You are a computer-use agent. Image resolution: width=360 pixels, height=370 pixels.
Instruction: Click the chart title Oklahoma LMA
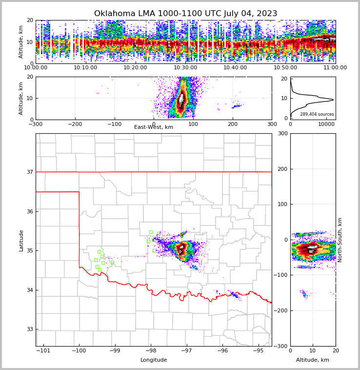pos(185,14)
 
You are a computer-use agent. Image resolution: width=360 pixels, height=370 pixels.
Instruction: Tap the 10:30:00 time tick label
pos(185,68)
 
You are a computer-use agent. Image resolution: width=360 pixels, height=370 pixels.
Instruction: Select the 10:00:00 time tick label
pos(36,68)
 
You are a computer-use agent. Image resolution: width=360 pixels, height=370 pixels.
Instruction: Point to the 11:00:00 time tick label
pos(335,68)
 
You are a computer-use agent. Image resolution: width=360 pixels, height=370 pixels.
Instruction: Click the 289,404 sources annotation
pos(317,114)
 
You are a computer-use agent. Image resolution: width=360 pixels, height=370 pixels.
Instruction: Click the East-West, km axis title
pos(154,127)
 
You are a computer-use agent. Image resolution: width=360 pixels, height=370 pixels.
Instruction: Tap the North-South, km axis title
pos(340,240)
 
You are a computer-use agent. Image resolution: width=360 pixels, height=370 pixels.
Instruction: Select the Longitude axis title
pos(154,360)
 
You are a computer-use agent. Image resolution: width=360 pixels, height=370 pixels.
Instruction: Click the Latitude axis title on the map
pos(21,240)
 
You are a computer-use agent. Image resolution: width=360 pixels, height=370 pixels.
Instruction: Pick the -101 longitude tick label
pos(43,351)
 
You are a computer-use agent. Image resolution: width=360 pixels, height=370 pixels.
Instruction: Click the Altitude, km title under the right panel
pos(313,360)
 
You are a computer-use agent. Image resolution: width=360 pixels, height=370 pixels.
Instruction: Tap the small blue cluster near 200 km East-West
pos(236,106)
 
